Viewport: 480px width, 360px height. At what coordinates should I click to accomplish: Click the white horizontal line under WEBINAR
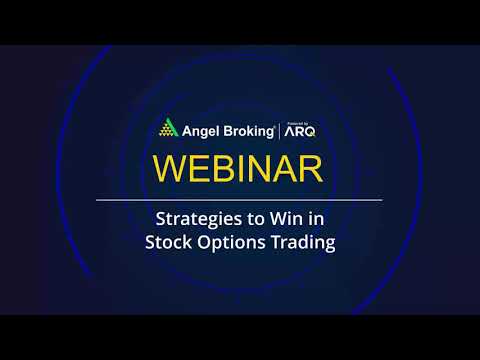coord(238,201)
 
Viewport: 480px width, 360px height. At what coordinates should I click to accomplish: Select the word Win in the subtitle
coord(274,218)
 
